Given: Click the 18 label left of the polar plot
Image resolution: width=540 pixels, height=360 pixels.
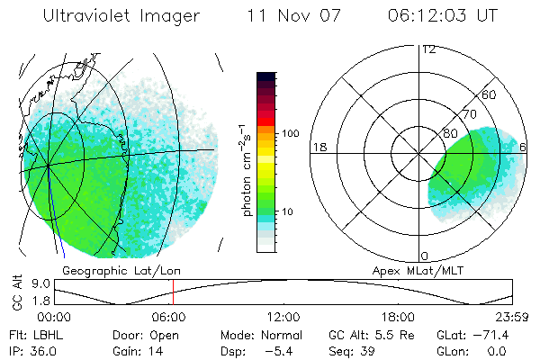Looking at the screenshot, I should (318, 147).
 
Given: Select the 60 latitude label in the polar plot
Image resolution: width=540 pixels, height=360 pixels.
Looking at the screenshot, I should (490, 94).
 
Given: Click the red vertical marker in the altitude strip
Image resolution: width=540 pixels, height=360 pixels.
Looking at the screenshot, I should (173, 292).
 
